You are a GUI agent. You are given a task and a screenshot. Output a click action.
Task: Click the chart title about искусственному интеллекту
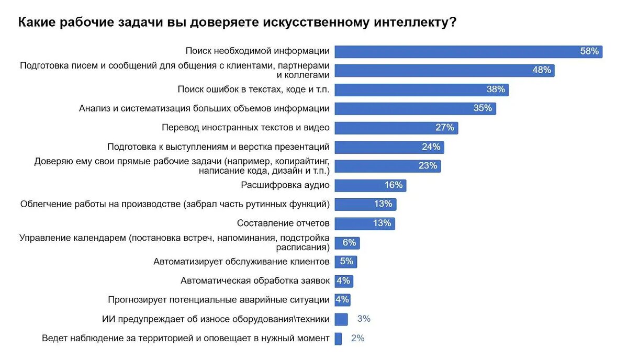(x=237, y=23)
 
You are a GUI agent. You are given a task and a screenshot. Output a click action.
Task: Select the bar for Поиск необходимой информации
(x=468, y=51)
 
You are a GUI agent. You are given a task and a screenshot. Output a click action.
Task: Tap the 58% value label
(x=589, y=51)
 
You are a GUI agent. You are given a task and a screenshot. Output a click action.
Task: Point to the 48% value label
(x=542, y=70)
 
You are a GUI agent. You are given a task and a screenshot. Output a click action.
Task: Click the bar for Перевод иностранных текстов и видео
(x=396, y=128)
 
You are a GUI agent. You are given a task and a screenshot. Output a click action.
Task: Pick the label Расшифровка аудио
(x=285, y=185)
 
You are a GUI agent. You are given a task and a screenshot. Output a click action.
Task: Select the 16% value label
(x=393, y=185)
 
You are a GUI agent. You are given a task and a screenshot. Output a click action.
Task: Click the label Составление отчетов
(x=283, y=223)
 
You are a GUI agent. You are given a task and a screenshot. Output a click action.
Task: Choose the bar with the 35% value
(x=415, y=108)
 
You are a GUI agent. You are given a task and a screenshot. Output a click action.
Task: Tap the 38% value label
(x=496, y=89)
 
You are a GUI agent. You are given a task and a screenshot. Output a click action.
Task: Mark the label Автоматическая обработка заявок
(x=255, y=280)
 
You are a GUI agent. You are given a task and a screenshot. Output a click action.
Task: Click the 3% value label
(x=364, y=319)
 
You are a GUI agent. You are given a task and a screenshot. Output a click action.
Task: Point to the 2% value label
(x=357, y=338)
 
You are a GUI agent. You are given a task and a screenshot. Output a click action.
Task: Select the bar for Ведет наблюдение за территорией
(x=338, y=338)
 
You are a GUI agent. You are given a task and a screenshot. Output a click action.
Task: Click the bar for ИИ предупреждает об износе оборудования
(x=341, y=319)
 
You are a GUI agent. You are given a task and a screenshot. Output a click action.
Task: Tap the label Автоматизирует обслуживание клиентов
(x=241, y=261)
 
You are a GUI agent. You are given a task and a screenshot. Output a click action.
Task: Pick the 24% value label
(x=431, y=147)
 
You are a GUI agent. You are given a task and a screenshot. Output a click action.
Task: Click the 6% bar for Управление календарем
(x=347, y=243)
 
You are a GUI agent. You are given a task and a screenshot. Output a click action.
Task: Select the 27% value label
(x=445, y=128)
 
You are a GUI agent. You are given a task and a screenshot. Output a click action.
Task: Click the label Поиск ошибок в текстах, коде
(x=253, y=89)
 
